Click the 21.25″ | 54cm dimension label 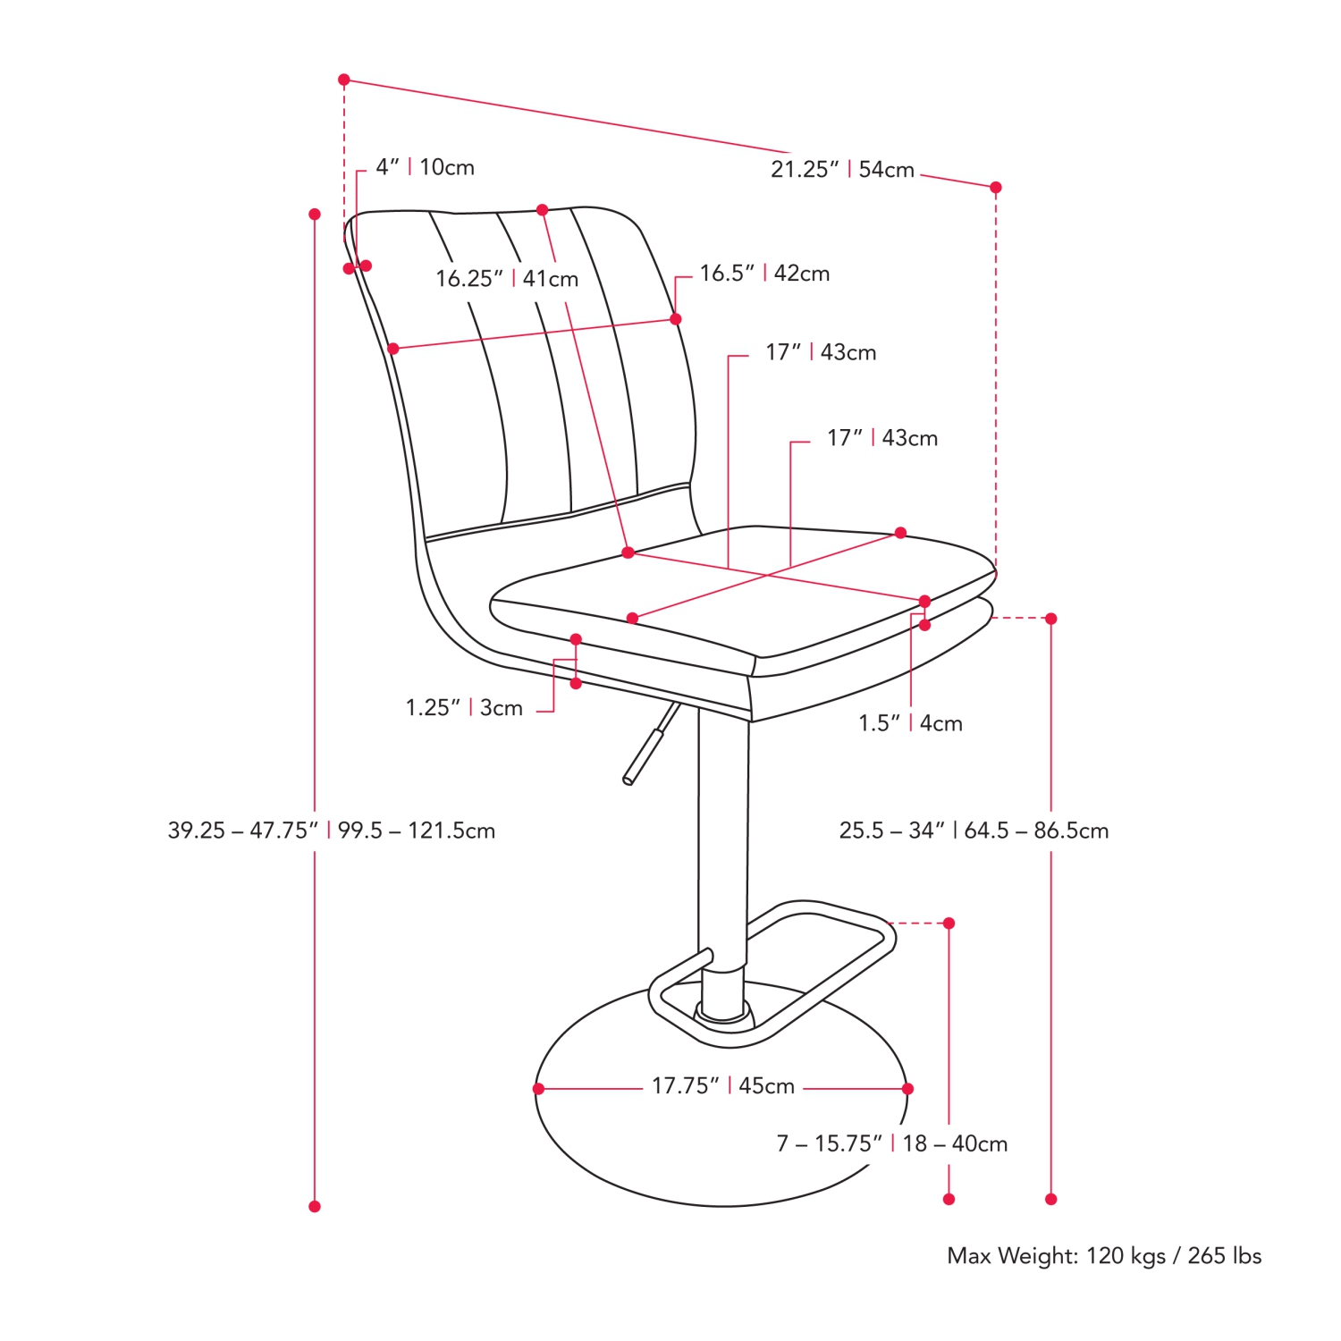(842, 169)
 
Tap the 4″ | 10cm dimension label (425, 167)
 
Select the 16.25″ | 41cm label (507, 279)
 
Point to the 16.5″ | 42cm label (764, 273)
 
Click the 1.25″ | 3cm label (464, 708)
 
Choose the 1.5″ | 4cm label (910, 723)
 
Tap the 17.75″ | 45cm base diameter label (722, 1086)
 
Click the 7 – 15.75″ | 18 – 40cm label (891, 1143)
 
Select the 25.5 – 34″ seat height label (974, 831)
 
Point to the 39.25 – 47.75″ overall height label (331, 831)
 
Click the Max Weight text (1104, 1256)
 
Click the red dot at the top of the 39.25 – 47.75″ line (315, 215)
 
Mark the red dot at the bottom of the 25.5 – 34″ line (1051, 1199)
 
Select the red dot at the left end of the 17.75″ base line (538, 1089)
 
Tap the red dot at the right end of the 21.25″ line (996, 188)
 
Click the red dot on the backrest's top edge (542, 210)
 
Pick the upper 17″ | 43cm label (821, 352)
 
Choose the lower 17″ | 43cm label (882, 438)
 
